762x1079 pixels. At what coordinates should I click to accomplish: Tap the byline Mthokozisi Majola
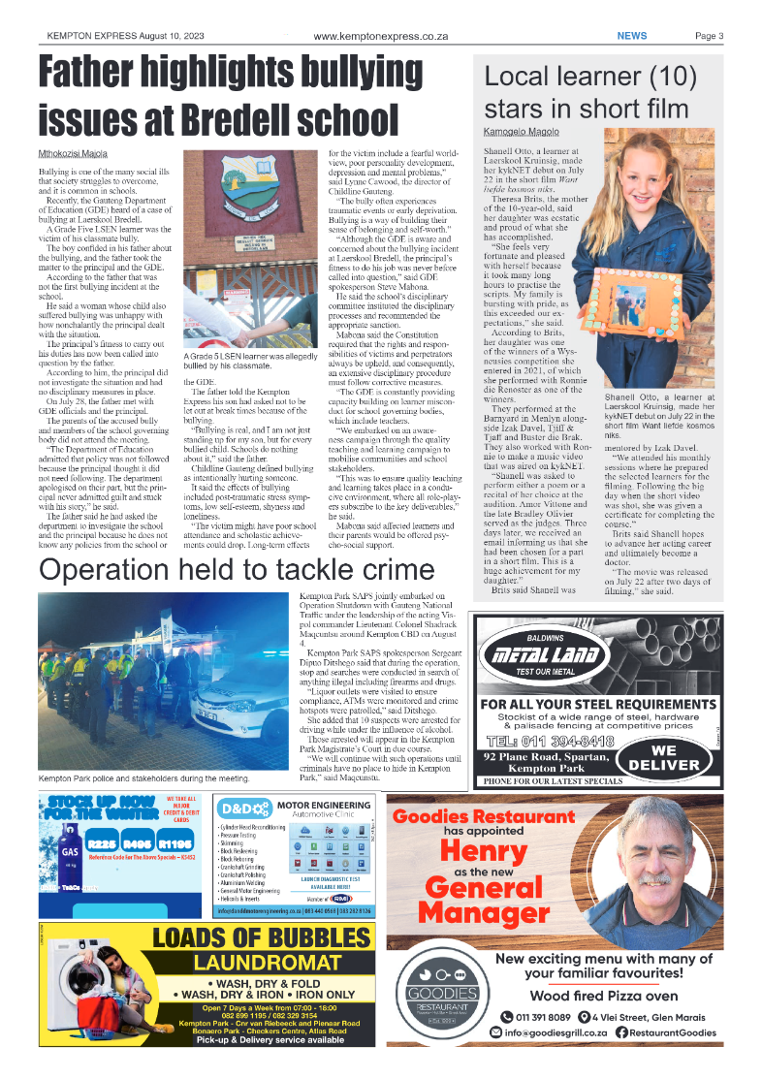pos(73,153)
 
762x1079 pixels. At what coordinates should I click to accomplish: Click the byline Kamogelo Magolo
pos(521,130)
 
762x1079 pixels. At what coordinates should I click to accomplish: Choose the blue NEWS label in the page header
pos(632,36)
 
